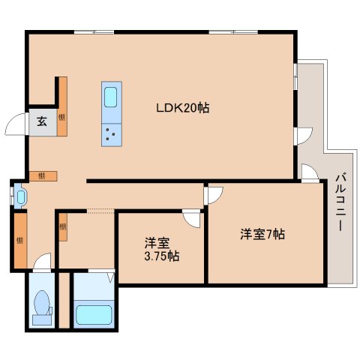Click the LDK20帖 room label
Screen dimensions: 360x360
coord(183,108)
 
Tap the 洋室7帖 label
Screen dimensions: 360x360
coord(262,235)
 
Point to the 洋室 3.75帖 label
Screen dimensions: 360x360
coord(161,249)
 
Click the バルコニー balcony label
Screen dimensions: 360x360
coord(340,202)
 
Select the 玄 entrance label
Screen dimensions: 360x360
coord(42,121)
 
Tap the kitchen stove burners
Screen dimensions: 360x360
coord(110,134)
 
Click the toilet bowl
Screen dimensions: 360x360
coord(42,302)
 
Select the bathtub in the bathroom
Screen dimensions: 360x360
coord(94,315)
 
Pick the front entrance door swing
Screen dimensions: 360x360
coord(15,124)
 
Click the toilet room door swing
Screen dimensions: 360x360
coord(42,262)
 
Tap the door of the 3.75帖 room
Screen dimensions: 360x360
coord(192,218)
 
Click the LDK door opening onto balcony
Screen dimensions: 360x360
coord(304,136)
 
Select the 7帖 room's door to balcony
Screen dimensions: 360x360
coord(310,172)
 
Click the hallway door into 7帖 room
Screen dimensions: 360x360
coord(213,195)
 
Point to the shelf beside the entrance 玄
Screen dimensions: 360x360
coord(62,106)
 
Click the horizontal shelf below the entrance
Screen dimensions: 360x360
coord(43,176)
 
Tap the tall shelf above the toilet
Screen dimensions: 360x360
coord(20,241)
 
